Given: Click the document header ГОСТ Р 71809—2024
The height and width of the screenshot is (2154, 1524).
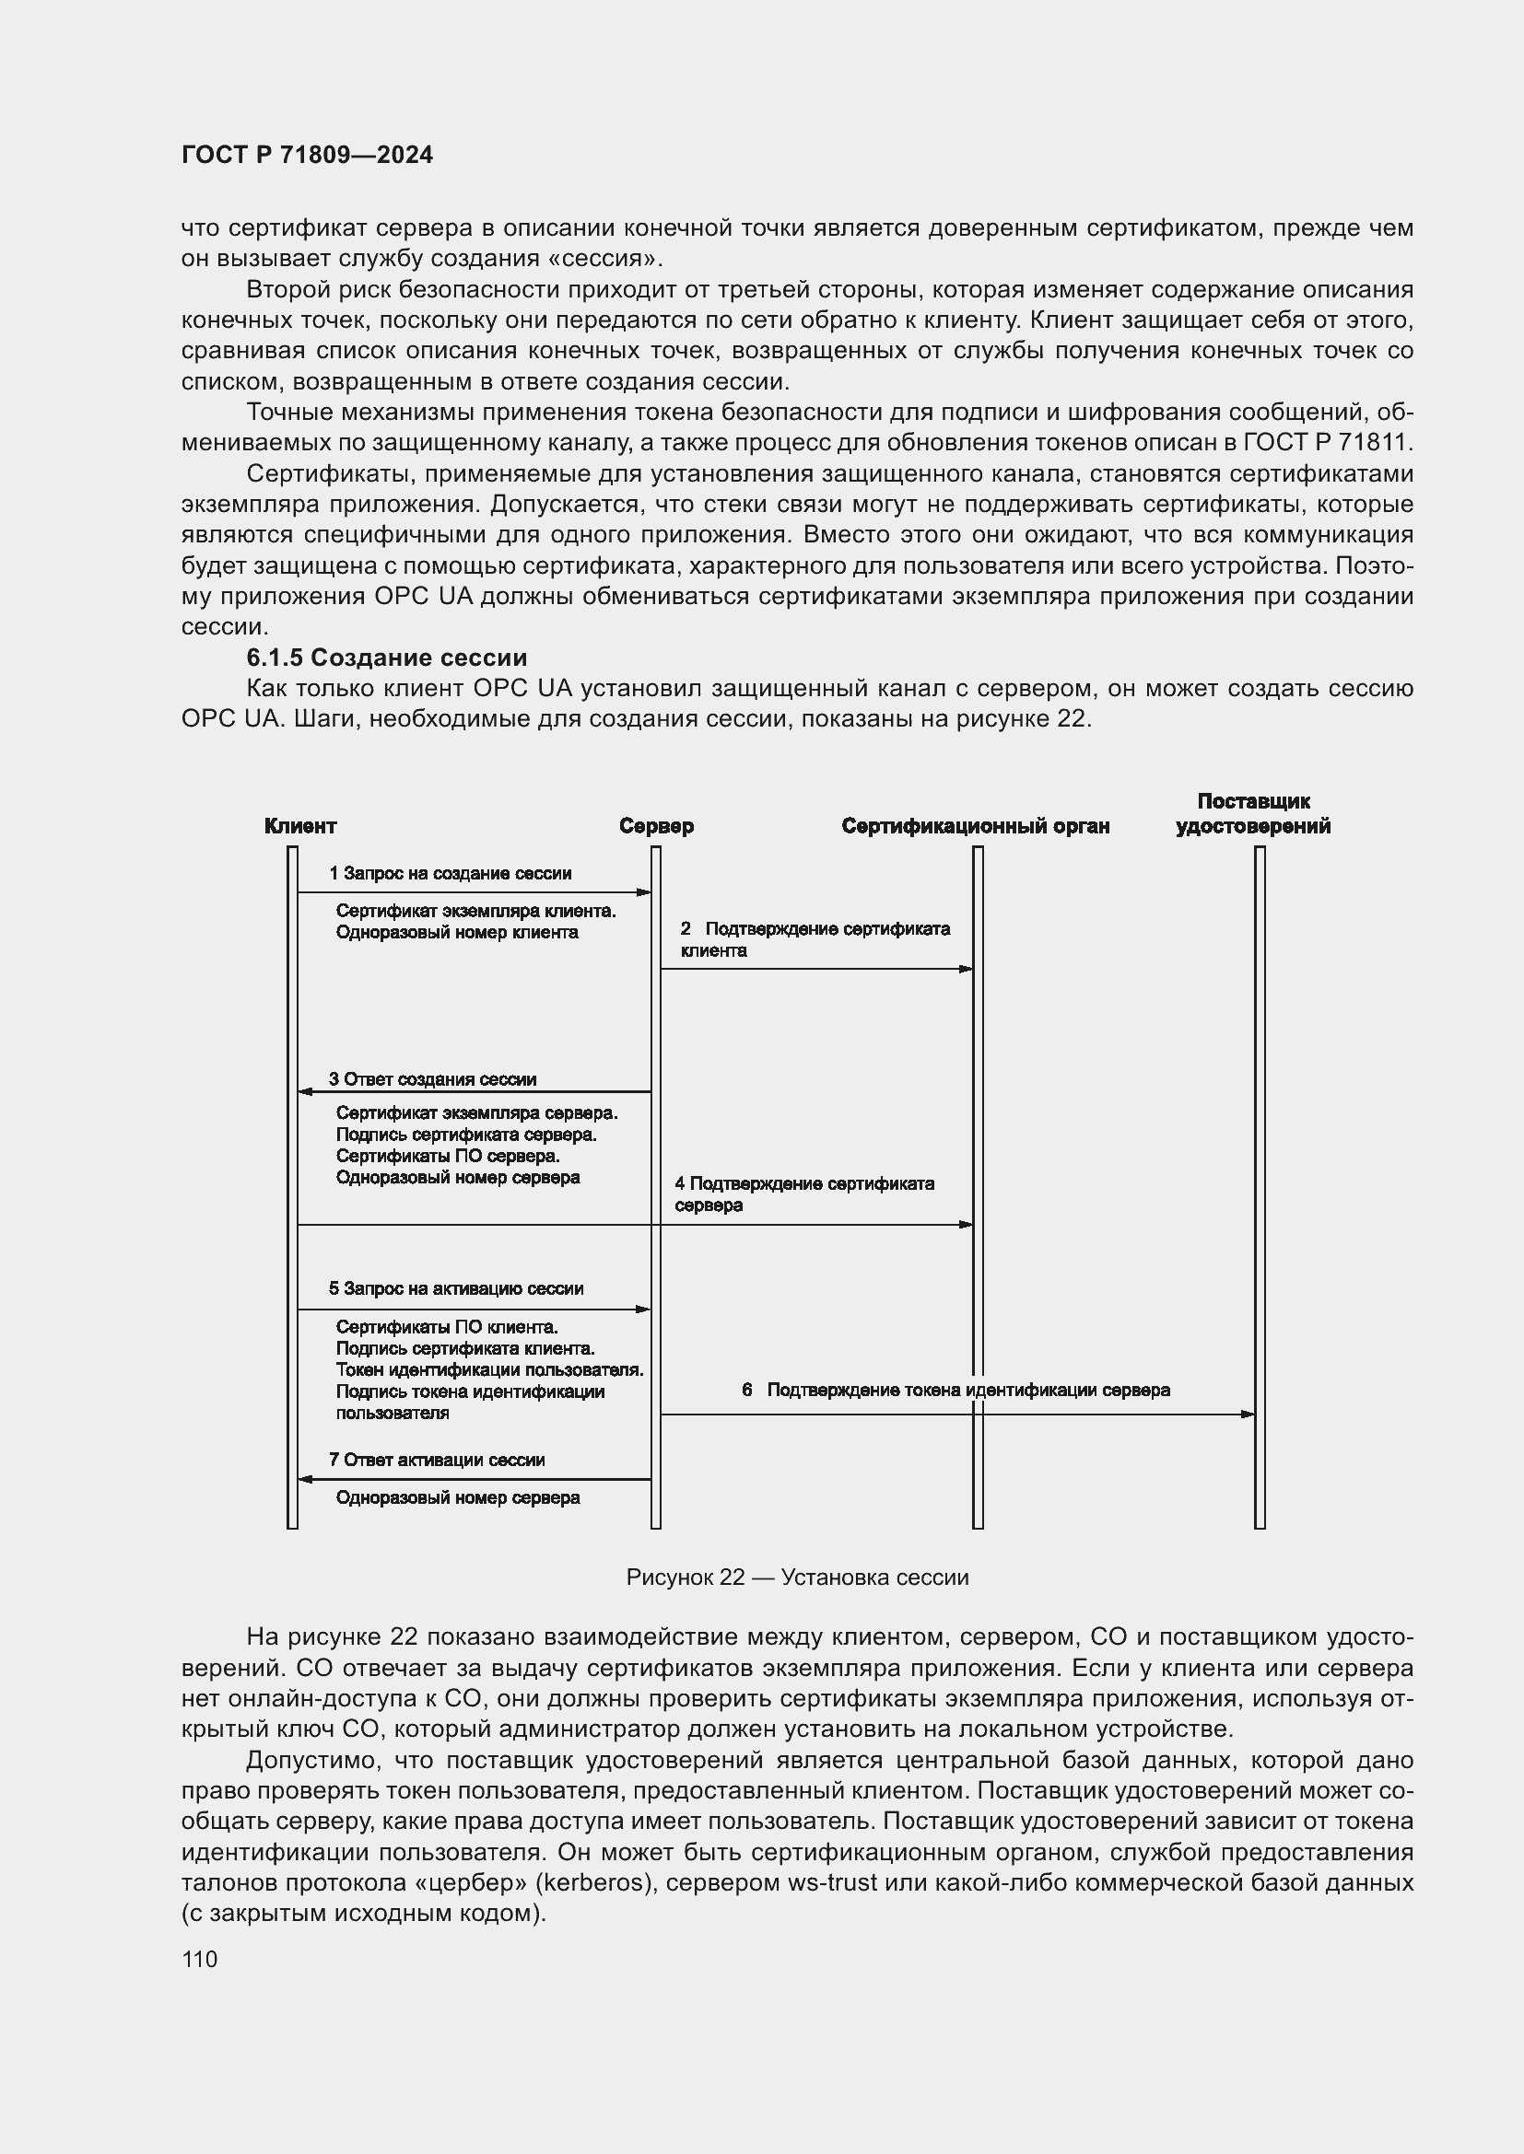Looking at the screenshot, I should [307, 155].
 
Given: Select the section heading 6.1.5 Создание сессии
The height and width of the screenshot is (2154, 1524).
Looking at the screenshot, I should [386, 657].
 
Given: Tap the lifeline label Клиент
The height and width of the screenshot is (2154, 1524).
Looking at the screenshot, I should [299, 825].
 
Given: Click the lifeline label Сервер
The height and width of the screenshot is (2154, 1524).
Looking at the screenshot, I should [656, 825].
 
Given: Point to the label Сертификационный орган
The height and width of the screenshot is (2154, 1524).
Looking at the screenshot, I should [975, 825].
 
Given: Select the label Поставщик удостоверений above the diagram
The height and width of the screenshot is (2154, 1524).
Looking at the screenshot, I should [1253, 813].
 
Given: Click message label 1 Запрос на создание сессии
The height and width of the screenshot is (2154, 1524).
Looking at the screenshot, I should [450, 873].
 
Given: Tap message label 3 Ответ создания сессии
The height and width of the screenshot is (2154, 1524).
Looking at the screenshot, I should [433, 1079].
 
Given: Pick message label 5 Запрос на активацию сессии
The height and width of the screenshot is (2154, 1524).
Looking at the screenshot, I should [456, 1288].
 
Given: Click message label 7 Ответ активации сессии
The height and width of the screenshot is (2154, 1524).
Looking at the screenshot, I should [437, 1460].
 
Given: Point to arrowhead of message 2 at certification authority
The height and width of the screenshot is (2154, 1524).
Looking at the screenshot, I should [966, 969].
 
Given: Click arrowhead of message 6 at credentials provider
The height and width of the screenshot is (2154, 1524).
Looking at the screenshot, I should [1248, 1414].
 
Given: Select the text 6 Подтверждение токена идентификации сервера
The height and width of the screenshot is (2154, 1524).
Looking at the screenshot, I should [955, 1390].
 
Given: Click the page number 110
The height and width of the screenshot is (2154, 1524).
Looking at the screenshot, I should [199, 1959].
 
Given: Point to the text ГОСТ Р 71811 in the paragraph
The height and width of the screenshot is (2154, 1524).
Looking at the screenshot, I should [1327, 442].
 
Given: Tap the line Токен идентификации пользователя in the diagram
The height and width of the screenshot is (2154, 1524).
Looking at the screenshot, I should [489, 1369].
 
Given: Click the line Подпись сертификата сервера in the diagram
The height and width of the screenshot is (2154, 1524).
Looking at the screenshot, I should [466, 1135].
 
